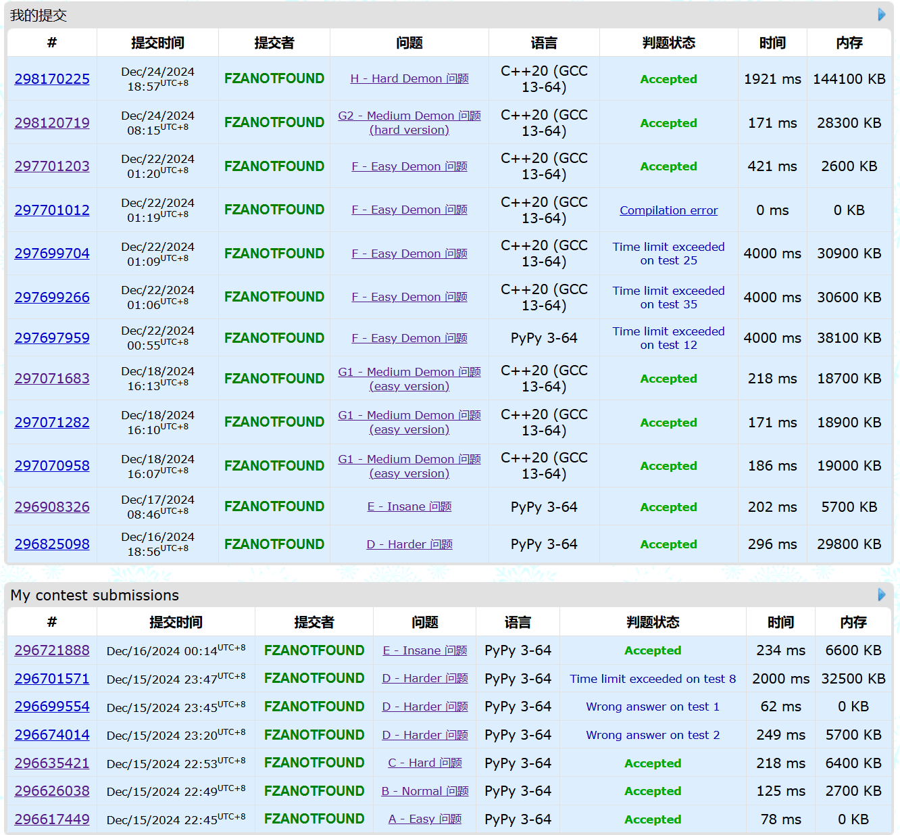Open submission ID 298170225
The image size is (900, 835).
pyautogui.click(x=52, y=79)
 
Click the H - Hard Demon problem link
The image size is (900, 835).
pyautogui.click(x=409, y=78)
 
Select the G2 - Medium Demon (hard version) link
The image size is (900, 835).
pyautogui.click(x=409, y=122)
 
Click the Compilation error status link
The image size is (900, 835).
pyautogui.click(x=668, y=210)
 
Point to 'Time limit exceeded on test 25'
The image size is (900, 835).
pyautogui.click(x=668, y=254)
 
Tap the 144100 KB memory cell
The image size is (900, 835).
pyautogui.click(x=849, y=79)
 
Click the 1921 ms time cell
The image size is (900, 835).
pyautogui.click(x=772, y=79)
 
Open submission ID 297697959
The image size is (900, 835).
pyautogui.click(x=52, y=338)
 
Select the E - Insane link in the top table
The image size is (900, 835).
pyautogui.click(x=409, y=506)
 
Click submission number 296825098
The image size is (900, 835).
pyautogui.click(x=52, y=544)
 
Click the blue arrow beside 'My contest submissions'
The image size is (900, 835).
pyautogui.click(x=881, y=594)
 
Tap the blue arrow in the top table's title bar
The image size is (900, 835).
pyautogui.click(x=881, y=14)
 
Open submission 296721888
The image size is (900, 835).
pyautogui.click(x=52, y=650)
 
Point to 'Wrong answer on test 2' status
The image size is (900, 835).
pyautogui.click(x=653, y=735)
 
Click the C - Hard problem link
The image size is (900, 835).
pyautogui.click(x=424, y=763)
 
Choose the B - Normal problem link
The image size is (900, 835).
pyautogui.click(x=424, y=791)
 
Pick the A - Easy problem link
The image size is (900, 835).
pyautogui.click(x=424, y=819)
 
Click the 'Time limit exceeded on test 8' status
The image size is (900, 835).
pyautogui.click(x=653, y=679)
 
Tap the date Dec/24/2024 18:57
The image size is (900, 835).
pyautogui.click(x=157, y=79)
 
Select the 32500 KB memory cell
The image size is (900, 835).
pyautogui.click(x=853, y=679)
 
